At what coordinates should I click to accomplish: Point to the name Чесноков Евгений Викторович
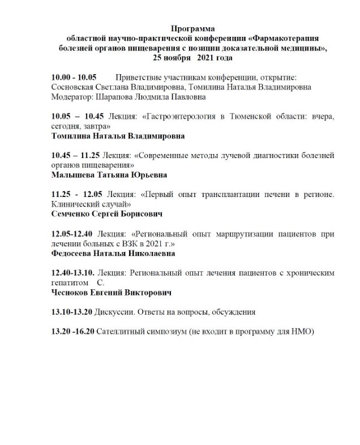coord(111,293)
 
